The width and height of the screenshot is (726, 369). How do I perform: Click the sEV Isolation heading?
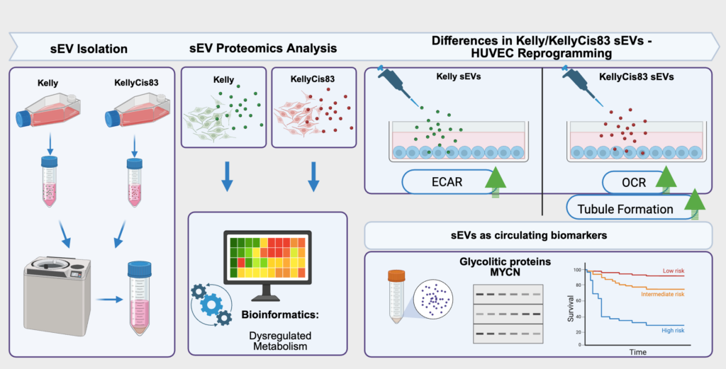point(89,49)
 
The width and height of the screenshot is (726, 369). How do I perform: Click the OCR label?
point(613,181)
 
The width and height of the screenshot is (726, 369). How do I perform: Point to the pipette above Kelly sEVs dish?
point(398,86)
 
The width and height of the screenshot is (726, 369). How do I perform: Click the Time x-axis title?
point(638,351)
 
